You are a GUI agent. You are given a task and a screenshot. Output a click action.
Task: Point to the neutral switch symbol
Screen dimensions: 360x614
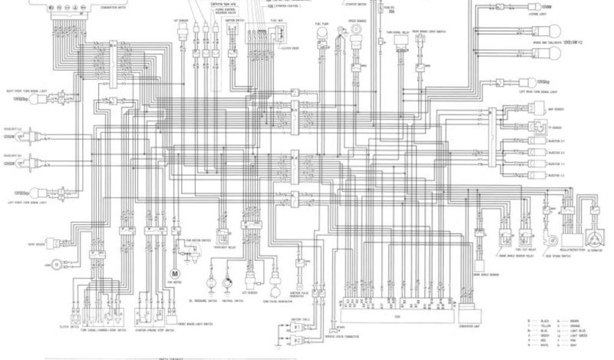pos(228,282)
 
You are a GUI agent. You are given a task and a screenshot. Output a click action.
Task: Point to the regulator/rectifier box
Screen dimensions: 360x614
pos(569,223)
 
